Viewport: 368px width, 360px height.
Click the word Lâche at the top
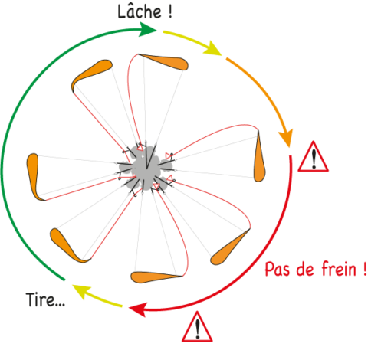tap(140, 11)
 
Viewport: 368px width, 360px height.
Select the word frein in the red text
tap(339, 269)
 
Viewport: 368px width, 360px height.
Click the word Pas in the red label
tap(277, 269)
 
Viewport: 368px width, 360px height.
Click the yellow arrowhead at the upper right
tap(212, 48)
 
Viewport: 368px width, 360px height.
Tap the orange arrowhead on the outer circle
tap(286, 138)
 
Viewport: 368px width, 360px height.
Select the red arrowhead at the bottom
tap(138, 309)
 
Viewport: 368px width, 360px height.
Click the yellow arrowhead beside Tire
tap(81, 291)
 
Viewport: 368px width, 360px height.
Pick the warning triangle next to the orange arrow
tap(314, 157)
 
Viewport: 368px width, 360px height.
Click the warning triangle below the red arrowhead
tap(197, 327)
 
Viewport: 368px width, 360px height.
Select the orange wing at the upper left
tap(90, 74)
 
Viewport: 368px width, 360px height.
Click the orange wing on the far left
tap(34, 176)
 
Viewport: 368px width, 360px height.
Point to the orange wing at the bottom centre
tap(155, 277)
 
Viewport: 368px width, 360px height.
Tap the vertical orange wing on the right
tap(259, 159)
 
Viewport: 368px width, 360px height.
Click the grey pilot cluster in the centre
tap(146, 168)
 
